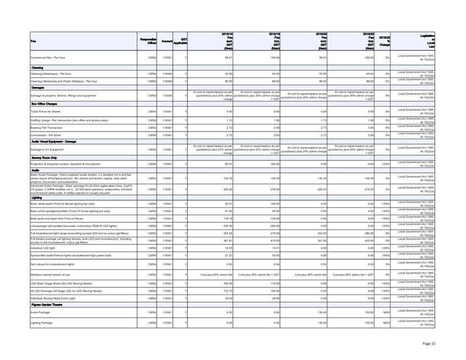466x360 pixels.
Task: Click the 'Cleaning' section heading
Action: [37, 68]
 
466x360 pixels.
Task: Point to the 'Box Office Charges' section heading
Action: [44, 103]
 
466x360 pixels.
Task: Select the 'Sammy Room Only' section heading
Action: [44, 157]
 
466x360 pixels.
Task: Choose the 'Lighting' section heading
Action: [37, 198]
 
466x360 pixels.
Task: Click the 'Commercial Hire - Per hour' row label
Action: [53, 57]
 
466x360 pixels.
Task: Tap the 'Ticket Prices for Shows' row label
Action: [46, 111]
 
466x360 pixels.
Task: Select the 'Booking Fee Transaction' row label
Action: [47, 127]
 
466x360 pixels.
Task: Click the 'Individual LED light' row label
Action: [43, 248]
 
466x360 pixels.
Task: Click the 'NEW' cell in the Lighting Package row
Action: [386, 322]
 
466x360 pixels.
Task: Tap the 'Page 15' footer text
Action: [429, 343]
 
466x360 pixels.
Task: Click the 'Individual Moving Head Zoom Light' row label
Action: [52, 298]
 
